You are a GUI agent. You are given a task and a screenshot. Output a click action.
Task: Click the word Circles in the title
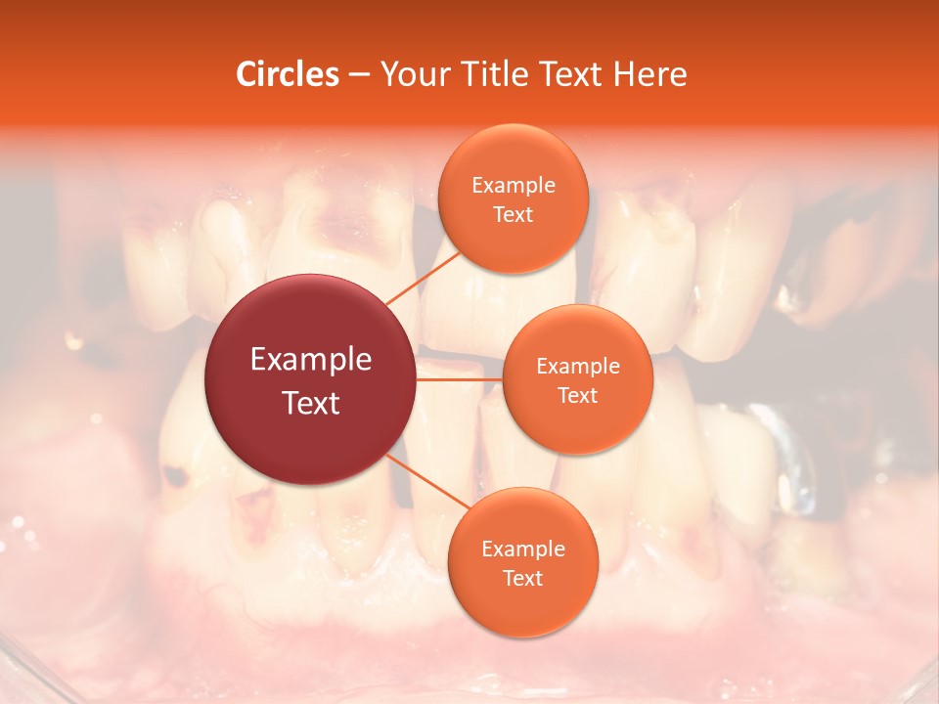pos(287,74)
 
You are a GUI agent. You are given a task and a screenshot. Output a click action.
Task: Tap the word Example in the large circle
pos(310,360)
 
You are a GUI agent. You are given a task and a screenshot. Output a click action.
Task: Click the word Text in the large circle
pos(310,403)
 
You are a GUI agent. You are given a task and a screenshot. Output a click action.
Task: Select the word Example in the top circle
pos(514,185)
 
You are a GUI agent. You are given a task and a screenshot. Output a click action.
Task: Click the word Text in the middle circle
pos(577,395)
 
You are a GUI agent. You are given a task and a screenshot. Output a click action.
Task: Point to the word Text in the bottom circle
pos(523,578)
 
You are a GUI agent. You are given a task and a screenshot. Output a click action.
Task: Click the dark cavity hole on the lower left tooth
pos(176,476)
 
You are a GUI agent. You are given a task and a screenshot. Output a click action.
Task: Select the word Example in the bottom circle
pos(523,549)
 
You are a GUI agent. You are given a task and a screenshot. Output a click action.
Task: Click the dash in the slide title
pos(359,74)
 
